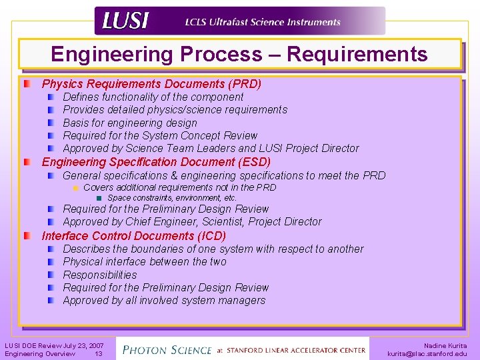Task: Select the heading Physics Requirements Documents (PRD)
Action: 151,84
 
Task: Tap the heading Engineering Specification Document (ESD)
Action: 156,162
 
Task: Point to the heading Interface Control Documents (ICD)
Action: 134,236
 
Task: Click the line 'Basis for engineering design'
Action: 130,123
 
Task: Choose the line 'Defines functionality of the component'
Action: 153,97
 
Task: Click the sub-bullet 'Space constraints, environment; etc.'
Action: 171,198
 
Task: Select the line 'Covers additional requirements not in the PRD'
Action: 179,188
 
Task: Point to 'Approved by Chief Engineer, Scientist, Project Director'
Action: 192,221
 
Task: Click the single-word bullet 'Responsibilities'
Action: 99,275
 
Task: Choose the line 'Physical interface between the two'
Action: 145,261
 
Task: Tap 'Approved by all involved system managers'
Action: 164,301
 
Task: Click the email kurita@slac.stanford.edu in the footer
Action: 427,354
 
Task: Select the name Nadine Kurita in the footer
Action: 445,345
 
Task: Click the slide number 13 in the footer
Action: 98,354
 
